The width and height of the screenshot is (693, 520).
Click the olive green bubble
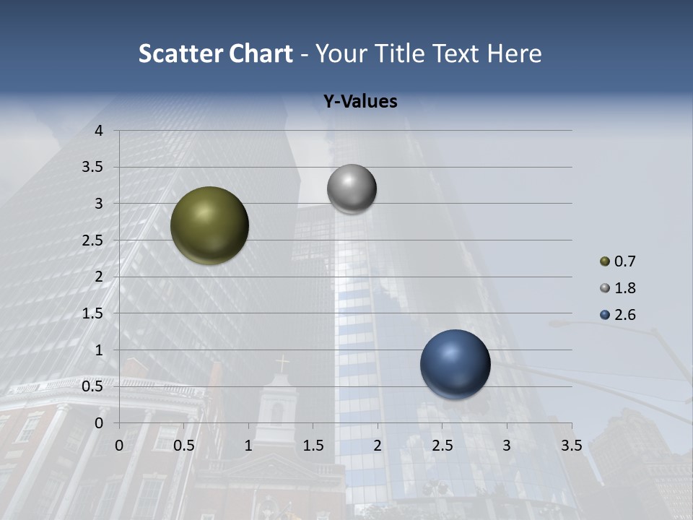tap(209, 225)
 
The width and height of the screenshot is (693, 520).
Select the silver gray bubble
tap(352, 189)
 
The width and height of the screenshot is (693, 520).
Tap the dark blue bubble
tap(455, 364)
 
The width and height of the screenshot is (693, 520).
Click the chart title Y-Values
tap(359, 102)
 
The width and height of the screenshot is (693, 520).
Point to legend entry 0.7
tap(618, 261)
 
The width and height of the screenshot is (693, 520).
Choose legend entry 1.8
tap(618, 288)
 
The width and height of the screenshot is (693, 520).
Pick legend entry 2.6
tap(618, 315)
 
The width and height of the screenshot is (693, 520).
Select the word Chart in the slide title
tap(260, 53)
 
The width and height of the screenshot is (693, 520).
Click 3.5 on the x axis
tap(571, 446)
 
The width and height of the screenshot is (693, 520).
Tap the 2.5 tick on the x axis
tap(442, 446)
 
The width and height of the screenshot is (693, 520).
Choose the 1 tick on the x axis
tap(248, 446)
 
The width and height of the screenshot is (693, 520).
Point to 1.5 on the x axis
tap(313, 446)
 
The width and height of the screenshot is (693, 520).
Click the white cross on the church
tap(282, 363)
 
